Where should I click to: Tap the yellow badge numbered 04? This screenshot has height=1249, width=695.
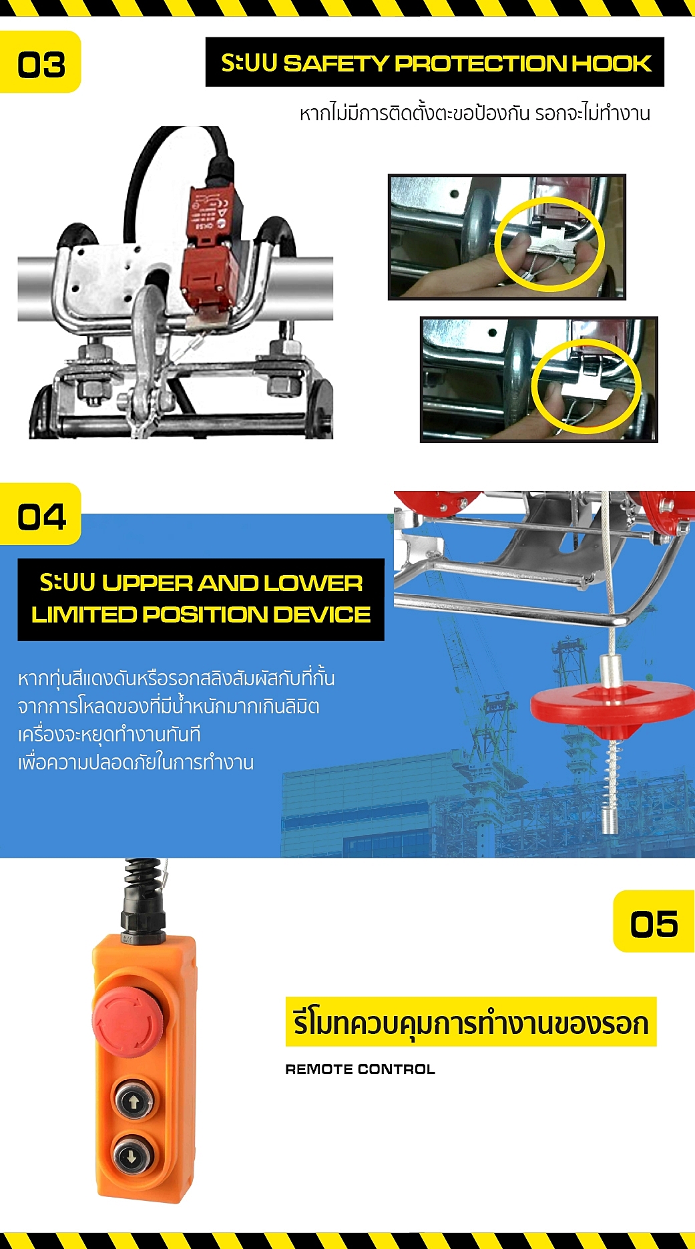pyautogui.click(x=41, y=516)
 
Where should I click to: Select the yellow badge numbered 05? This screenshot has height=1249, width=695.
pyautogui.click(x=654, y=922)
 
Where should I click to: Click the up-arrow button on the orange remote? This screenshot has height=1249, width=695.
pyautogui.click(x=134, y=1101)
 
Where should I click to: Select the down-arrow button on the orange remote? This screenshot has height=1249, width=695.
pyautogui.click(x=132, y=1156)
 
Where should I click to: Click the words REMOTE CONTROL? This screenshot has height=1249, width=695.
pyautogui.click(x=360, y=1069)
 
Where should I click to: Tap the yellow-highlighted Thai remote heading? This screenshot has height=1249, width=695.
pyautogui.click(x=471, y=1023)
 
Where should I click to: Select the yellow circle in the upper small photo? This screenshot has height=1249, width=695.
pyautogui.click(x=549, y=244)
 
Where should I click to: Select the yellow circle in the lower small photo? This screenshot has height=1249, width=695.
pyautogui.click(x=586, y=386)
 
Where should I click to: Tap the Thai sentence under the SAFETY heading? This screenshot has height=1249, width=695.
pyautogui.click(x=475, y=113)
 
